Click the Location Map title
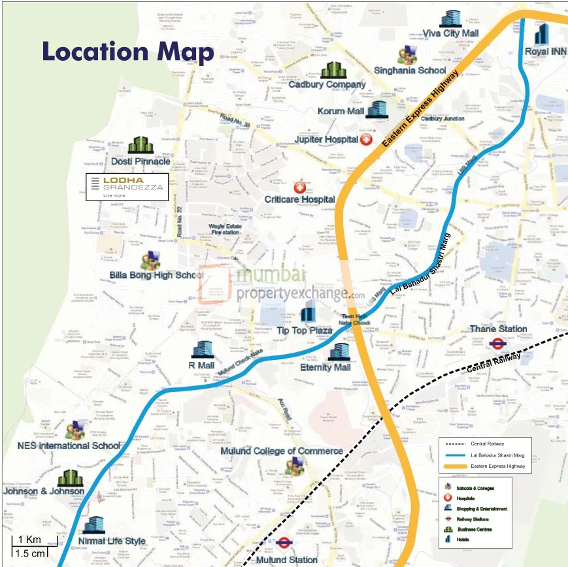(128, 52)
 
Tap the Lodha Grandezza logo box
(127, 186)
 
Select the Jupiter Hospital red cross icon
(366, 140)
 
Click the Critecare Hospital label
(299, 199)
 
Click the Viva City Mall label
(450, 33)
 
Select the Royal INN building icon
(541, 33)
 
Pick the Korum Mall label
(341, 112)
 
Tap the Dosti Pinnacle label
(141, 161)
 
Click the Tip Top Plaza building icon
(307, 315)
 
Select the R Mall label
(201, 365)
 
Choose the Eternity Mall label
(326, 367)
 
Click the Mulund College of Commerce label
(281, 451)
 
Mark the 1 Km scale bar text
(29, 540)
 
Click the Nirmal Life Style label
(112, 541)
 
